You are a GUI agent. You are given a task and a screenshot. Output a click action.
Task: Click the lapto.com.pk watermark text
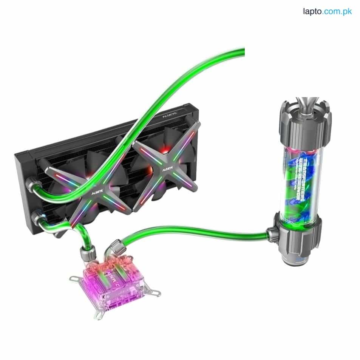click(327, 11)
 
